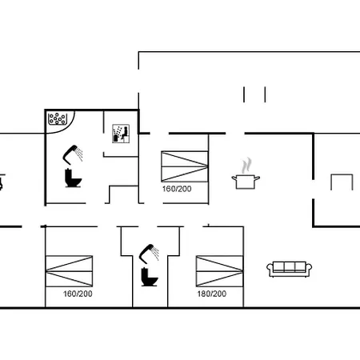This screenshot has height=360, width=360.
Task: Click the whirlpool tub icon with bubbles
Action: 58,118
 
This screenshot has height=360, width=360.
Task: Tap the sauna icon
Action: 121,134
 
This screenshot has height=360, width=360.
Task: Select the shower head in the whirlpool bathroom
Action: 73,154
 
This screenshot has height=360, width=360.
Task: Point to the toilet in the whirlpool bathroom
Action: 73,178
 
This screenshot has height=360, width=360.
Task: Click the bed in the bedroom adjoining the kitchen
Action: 185,166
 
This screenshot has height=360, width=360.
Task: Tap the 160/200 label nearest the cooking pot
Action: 177,189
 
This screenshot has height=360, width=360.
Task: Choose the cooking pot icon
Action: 246,182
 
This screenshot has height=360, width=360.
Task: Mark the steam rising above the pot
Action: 246,165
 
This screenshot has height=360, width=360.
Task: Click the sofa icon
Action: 290,270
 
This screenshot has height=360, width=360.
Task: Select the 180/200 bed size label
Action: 212,294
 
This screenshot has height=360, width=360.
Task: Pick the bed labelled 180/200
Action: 219,271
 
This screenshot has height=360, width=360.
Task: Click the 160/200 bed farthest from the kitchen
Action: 69,271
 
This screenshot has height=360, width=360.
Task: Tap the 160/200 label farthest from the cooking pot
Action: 78,294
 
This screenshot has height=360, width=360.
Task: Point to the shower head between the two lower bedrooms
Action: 149,252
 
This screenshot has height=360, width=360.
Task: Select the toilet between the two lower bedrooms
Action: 149,277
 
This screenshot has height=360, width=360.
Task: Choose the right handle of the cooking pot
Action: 257,178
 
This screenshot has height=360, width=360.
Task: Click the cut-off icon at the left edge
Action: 2,182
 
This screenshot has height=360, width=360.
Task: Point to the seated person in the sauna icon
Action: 125,134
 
